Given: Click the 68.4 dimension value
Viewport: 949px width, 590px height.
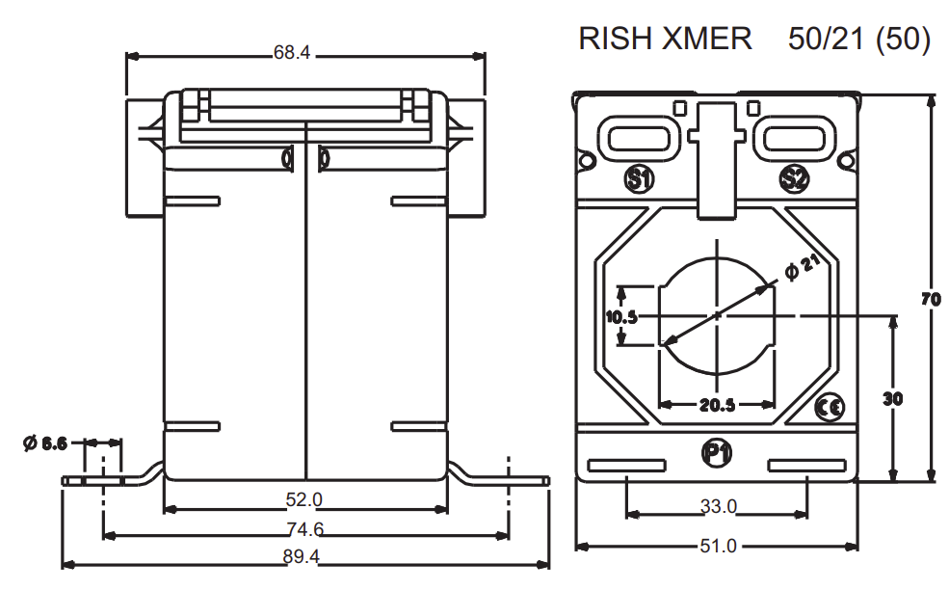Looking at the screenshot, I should [x=292, y=54].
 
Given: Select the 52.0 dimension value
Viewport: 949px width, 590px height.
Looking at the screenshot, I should [x=303, y=500].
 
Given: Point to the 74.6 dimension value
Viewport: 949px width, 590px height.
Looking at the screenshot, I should [x=303, y=529].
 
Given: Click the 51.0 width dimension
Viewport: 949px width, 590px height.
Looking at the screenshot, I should [x=717, y=546].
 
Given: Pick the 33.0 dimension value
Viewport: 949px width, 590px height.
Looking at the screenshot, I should [x=717, y=506].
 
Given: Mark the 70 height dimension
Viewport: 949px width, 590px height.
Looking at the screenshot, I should [x=930, y=300].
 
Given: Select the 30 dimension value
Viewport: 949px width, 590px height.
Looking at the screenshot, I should [x=893, y=398].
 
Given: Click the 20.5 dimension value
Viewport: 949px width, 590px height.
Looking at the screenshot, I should [x=717, y=405].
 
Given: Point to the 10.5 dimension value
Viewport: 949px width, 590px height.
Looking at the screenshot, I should [x=622, y=316].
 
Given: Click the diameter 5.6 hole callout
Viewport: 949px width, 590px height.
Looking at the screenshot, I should [x=45, y=443].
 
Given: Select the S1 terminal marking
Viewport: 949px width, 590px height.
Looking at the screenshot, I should [x=639, y=177].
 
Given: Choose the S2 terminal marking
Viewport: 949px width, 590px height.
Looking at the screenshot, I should [x=795, y=177].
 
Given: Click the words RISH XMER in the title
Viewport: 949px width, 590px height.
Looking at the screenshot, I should [x=665, y=39].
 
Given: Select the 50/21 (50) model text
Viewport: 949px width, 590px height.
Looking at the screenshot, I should [x=858, y=39].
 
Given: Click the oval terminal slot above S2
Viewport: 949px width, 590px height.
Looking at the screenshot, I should [x=794, y=137].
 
